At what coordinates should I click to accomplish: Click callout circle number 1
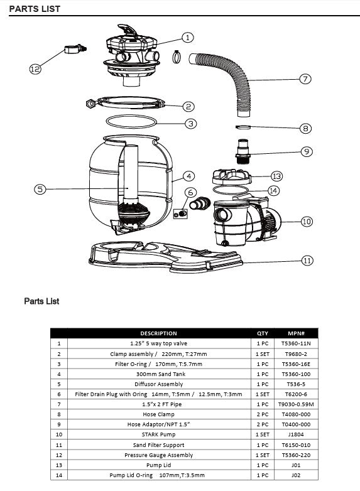click(x=188, y=37)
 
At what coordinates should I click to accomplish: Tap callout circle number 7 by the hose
click(x=305, y=79)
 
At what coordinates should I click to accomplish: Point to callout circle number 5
click(x=40, y=188)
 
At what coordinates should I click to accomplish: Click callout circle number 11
click(x=307, y=261)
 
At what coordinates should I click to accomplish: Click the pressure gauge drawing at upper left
click(x=74, y=49)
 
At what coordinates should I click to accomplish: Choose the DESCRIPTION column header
click(x=158, y=333)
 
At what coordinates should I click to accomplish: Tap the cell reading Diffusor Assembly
click(x=158, y=384)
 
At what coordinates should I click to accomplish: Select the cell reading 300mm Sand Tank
click(x=158, y=374)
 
